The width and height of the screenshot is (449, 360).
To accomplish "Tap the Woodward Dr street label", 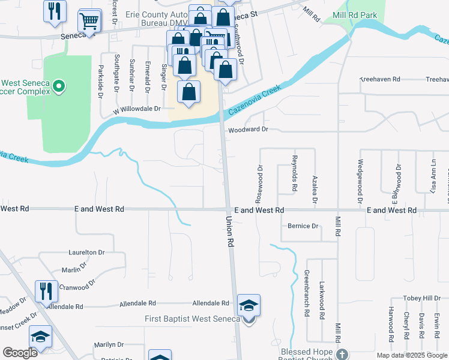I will point(247,129).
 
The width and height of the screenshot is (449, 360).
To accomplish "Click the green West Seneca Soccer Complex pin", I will point(58,88).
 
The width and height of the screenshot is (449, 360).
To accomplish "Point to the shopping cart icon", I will point(89,21).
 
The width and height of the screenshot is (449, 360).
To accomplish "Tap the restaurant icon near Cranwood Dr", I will point(46,292).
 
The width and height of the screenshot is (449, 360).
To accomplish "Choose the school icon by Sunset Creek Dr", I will point(40,337).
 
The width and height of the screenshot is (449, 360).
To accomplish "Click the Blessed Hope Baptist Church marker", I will point(342,354).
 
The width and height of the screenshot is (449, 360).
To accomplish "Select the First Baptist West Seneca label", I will point(192,319).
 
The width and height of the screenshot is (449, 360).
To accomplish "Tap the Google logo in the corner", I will point(20,353).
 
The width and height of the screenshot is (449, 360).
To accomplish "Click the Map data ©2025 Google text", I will point(412,355).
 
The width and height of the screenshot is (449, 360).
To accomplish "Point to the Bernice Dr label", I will point(303,226).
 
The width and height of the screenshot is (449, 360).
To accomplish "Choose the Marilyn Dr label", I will point(109,345).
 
